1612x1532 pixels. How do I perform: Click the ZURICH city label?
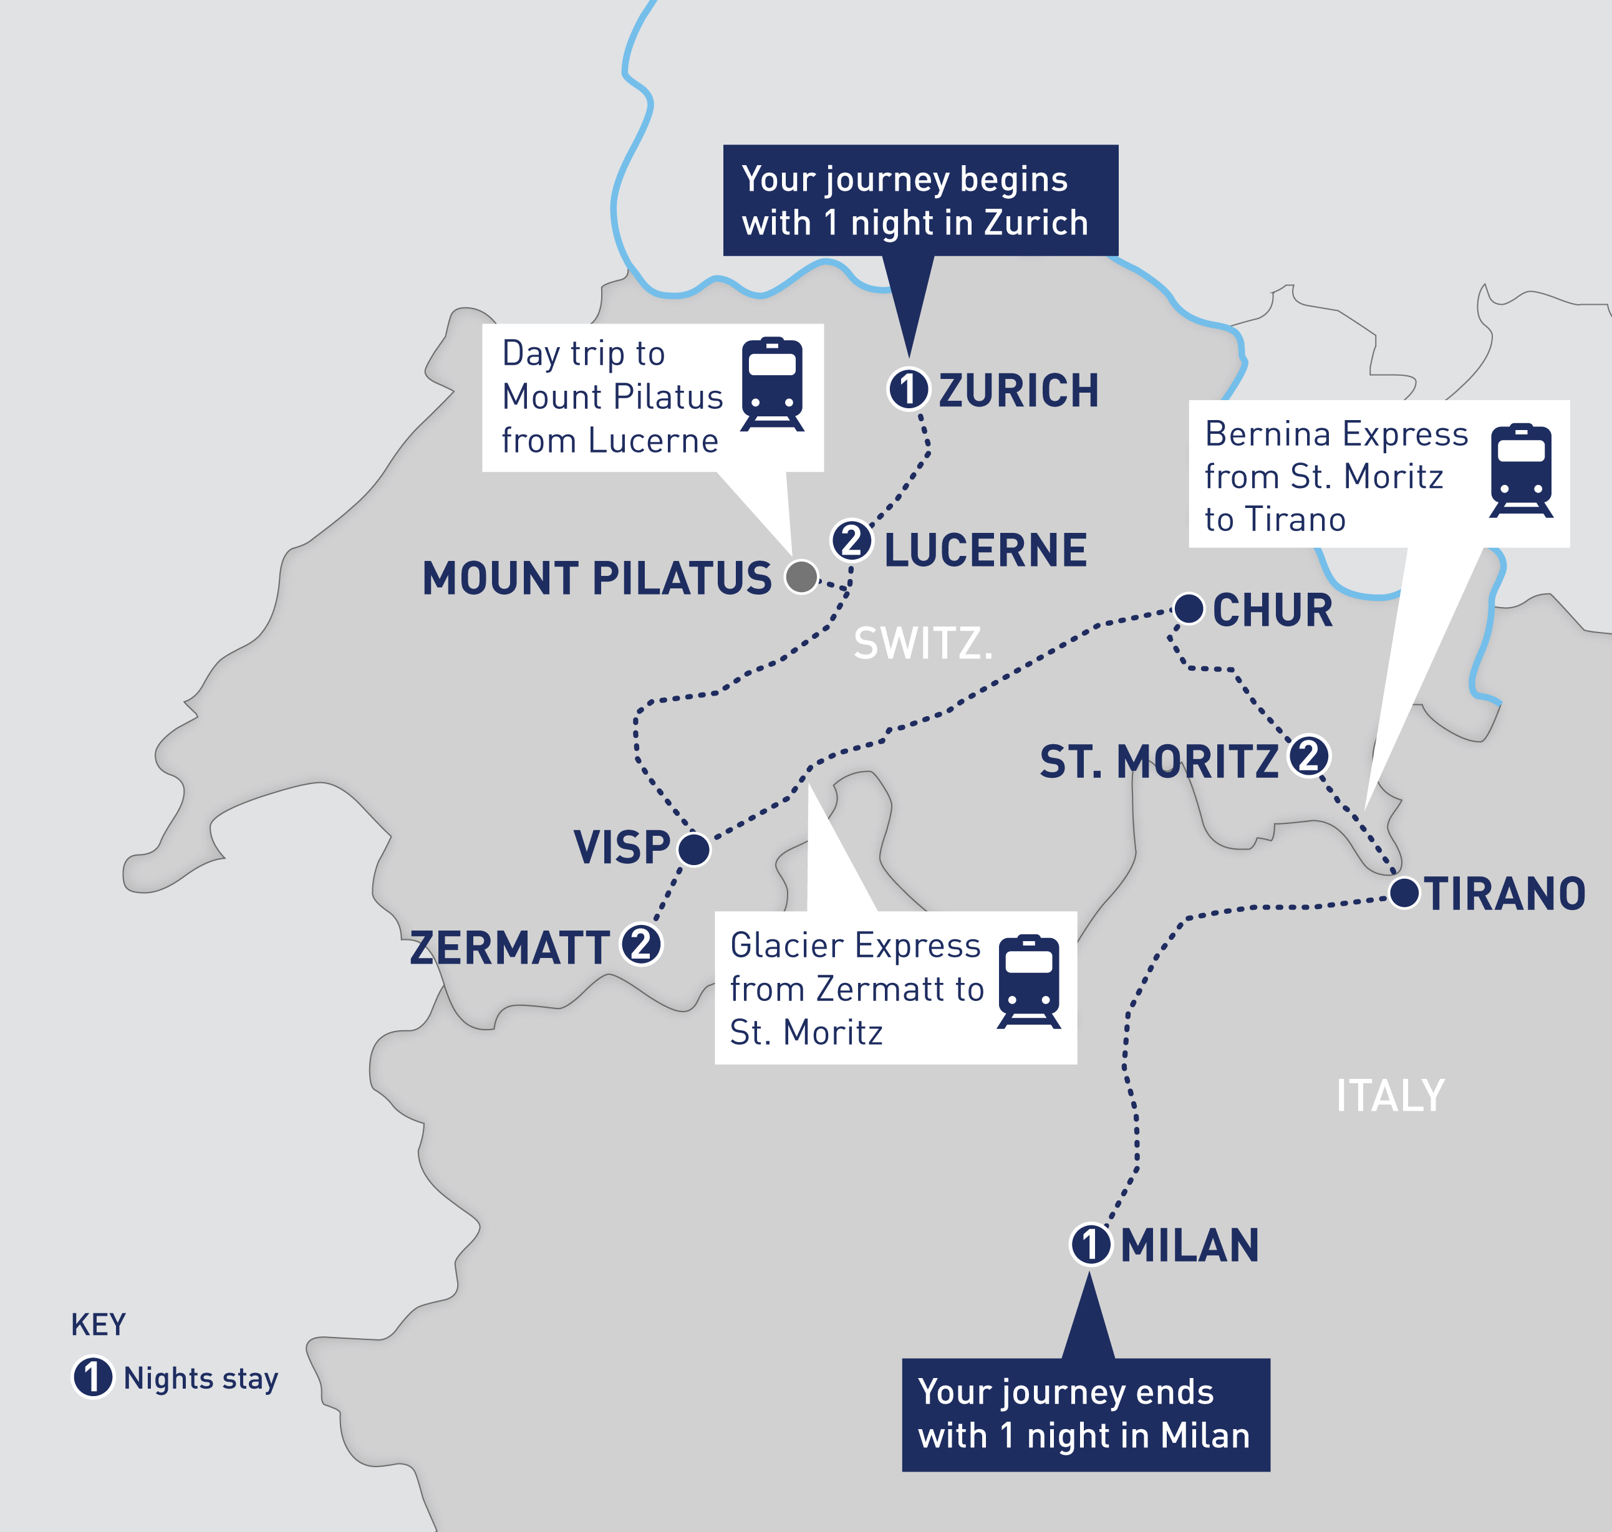tap(1018, 390)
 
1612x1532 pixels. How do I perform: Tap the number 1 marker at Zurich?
tap(909, 389)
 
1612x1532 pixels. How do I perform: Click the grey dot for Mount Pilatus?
tap(801, 577)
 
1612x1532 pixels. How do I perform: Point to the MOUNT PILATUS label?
tap(596, 579)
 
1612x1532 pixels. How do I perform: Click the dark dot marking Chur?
tap(1189, 608)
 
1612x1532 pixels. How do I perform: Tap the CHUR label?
tap(1272, 611)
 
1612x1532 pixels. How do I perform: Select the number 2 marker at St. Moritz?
tap(1309, 756)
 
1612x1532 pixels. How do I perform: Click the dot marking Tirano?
tap(1404, 893)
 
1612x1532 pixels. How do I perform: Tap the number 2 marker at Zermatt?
tap(641, 945)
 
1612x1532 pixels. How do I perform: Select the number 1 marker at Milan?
tap(1091, 1245)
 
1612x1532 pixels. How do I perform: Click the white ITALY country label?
tap(1390, 1096)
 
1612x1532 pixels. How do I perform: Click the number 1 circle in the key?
tap(92, 1377)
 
